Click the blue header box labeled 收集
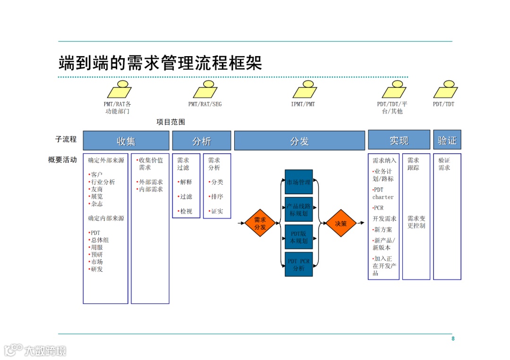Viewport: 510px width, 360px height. pyautogui.click(x=126, y=141)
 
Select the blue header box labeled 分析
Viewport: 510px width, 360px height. pyautogui.click(x=202, y=141)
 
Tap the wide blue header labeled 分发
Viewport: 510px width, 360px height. pyautogui.click(x=299, y=141)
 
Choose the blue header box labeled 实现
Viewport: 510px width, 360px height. pyautogui.click(x=399, y=140)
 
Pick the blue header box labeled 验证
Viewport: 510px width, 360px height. pyautogui.click(x=447, y=140)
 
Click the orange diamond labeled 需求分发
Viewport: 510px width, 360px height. pyautogui.click(x=260, y=223)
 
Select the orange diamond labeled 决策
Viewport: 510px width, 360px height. pyautogui.click(x=340, y=223)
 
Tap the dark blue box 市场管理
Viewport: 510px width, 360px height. pyautogui.click(x=298, y=182)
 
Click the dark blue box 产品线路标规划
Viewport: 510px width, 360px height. pyautogui.click(x=298, y=209)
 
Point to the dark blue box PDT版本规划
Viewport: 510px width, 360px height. pyautogui.click(x=298, y=237)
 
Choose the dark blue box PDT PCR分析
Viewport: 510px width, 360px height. pyautogui.click(x=298, y=264)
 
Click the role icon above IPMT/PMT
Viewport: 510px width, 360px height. pyautogui.click(x=305, y=89)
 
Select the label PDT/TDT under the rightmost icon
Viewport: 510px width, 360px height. pyautogui.click(x=443, y=104)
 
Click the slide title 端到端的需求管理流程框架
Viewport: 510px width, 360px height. pyautogui.click(x=160, y=62)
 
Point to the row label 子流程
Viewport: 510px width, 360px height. pyautogui.click(x=66, y=140)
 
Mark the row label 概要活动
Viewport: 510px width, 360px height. pyautogui.click(x=62, y=160)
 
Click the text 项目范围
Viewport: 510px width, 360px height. pyautogui.click(x=171, y=122)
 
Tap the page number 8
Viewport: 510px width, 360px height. pyautogui.click(x=453, y=339)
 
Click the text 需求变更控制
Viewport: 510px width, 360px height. pyautogui.click(x=416, y=222)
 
